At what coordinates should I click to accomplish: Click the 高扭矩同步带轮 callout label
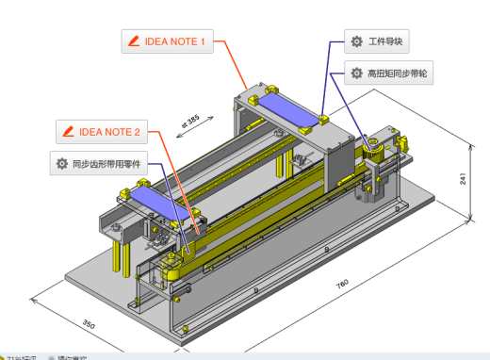coord(388,73)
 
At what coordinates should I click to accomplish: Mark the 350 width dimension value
coord(89,325)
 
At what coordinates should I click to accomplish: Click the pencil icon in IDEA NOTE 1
coord(134,41)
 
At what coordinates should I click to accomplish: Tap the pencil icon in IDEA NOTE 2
coord(69,131)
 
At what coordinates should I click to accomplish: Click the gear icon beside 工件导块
coord(356,41)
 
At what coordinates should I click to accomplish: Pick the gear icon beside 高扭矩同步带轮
coord(356,73)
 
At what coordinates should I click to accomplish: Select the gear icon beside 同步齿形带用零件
coord(61,163)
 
